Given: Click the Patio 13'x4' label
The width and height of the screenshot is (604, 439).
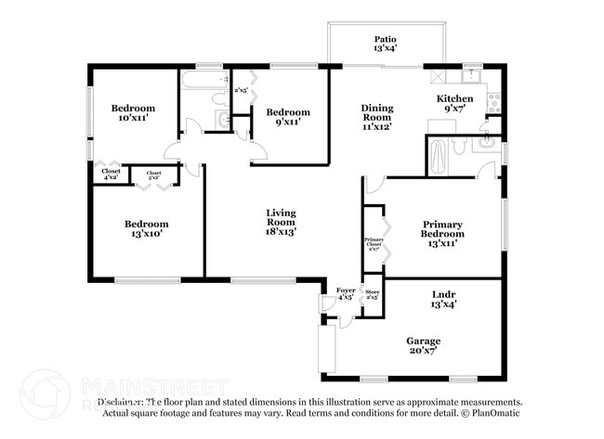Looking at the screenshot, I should (x=386, y=45).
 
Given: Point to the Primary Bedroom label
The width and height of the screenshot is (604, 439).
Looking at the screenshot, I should (x=442, y=228).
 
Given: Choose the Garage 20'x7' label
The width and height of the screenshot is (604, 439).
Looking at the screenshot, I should (x=423, y=346).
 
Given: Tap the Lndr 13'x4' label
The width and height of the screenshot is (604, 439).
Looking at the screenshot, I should (x=442, y=298).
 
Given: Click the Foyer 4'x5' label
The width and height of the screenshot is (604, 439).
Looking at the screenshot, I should (x=345, y=293).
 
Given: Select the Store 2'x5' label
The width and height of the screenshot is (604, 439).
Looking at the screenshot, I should (x=372, y=293).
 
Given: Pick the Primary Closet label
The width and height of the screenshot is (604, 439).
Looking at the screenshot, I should (x=374, y=243).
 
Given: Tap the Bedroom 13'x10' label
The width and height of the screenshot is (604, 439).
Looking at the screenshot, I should (x=147, y=228).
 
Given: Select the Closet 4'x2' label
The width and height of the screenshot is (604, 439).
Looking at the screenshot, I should (x=110, y=175).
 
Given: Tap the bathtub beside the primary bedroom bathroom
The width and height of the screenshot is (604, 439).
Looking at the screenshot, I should (x=438, y=156).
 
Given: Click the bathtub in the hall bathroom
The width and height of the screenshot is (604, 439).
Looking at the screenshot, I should (x=201, y=84).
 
